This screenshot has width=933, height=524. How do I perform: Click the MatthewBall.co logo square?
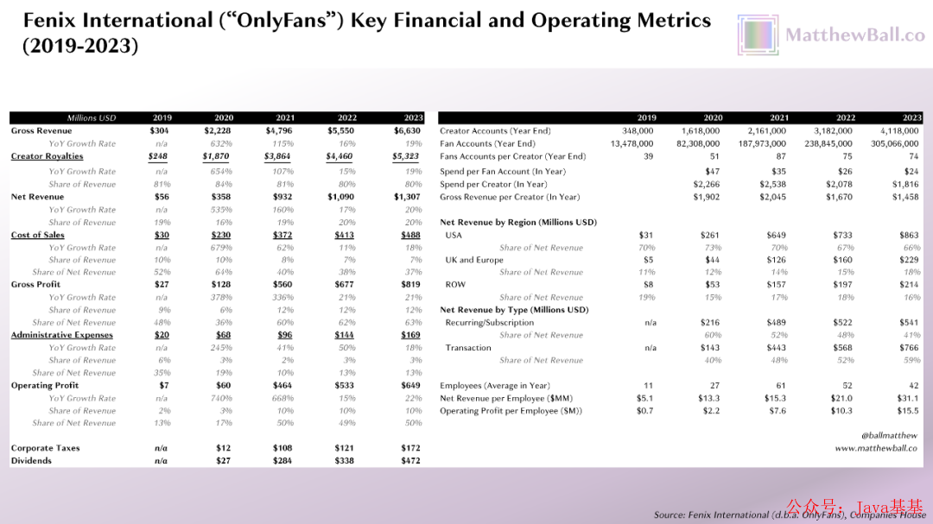point(758,35)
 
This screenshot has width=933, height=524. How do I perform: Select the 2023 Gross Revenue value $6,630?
point(407,131)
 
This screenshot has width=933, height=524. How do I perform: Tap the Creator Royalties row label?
point(47,156)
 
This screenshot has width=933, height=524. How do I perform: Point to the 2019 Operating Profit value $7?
point(162,386)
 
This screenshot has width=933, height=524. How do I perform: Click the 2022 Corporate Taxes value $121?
point(345,449)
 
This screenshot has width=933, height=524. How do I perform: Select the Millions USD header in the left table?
point(92,118)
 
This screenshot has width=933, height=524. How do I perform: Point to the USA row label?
point(454,235)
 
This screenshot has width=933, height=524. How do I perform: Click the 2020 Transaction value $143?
point(712,348)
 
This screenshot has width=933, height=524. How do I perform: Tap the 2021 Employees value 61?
point(781,386)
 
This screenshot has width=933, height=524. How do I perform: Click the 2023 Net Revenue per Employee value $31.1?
point(908,398)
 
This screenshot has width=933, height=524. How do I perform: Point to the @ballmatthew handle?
point(890,436)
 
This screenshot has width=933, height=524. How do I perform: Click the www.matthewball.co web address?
point(877,449)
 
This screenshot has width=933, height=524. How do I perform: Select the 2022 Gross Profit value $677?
point(345,285)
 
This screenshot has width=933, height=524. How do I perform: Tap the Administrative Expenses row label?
point(61,335)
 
